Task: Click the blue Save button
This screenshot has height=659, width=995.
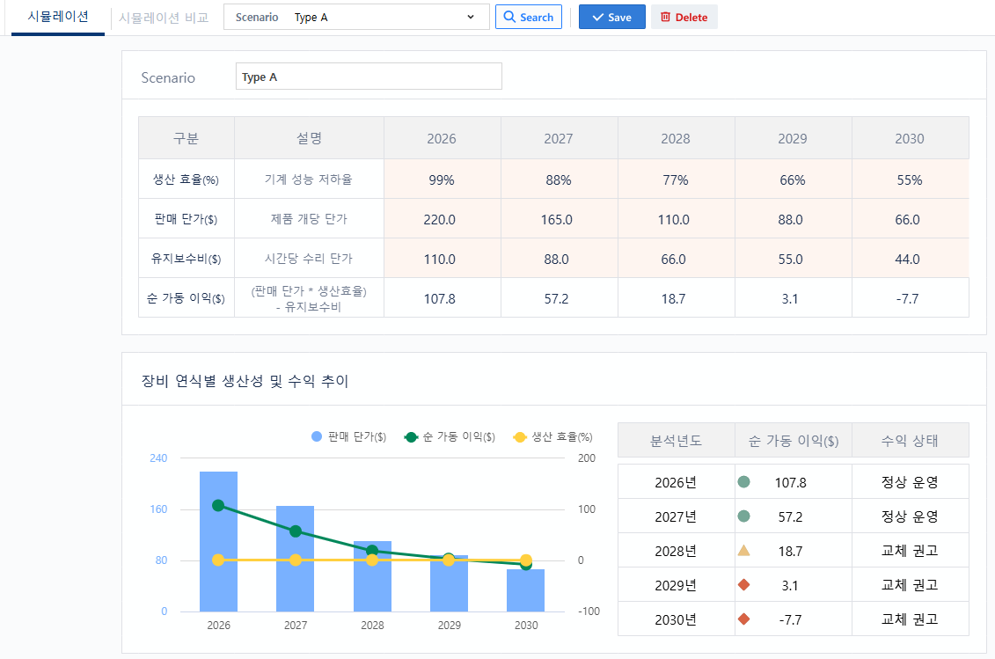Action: tap(611, 17)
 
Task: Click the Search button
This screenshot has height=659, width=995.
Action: tap(528, 17)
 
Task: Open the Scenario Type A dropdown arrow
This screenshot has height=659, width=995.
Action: tap(470, 17)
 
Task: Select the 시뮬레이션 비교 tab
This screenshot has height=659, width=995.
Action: tap(164, 18)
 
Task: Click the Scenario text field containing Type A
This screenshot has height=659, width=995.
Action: tap(369, 77)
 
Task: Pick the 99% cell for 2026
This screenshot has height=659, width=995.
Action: tap(443, 179)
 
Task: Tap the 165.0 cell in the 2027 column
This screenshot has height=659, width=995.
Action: tap(559, 220)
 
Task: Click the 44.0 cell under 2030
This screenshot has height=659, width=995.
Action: tap(910, 259)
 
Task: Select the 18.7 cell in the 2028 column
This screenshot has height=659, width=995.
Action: tap(676, 298)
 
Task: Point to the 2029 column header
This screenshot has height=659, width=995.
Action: tap(793, 138)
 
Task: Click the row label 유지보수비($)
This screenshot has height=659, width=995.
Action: tap(186, 259)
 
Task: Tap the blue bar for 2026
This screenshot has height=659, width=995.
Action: tap(218, 542)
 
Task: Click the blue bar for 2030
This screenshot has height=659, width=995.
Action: tap(525, 590)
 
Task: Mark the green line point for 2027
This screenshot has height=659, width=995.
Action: tap(296, 531)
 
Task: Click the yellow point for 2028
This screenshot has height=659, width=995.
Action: tap(372, 560)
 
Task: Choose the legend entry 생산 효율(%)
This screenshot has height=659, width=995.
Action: tap(552, 436)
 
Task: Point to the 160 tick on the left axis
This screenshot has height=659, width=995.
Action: tap(158, 509)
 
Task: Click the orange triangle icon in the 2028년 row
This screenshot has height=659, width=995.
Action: tap(743, 551)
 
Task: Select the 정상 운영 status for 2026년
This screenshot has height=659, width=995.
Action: tap(910, 482)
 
